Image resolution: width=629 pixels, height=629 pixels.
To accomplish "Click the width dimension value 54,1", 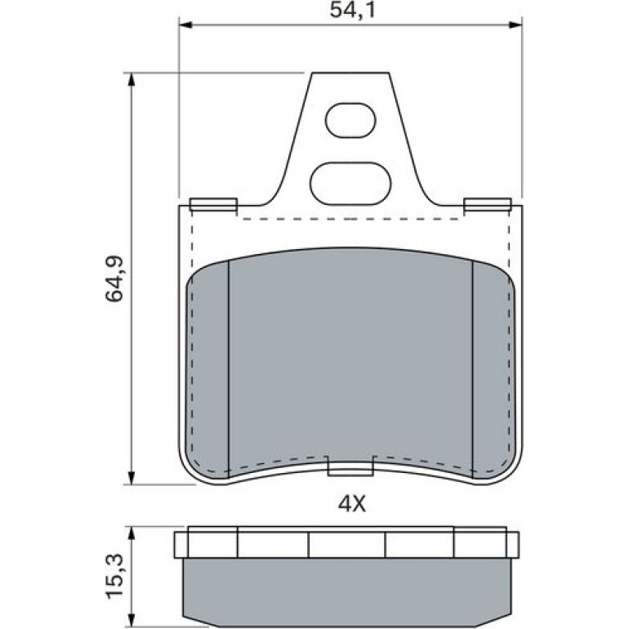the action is tap(352, 11).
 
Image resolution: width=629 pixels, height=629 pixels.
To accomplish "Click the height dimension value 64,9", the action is tap(114, 279).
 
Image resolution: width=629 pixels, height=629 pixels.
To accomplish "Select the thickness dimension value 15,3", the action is tap(114, 576).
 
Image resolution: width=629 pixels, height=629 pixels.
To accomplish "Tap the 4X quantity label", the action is tap(352, 504).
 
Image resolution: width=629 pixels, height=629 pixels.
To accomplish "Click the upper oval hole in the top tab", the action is tap(350, 120).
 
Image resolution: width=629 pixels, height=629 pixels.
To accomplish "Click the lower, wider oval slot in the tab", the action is tap(350, 183).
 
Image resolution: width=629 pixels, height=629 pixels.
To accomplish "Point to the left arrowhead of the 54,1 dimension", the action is tap(185, 25).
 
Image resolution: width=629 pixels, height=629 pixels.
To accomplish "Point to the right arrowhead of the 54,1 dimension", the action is tap(515, 25).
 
